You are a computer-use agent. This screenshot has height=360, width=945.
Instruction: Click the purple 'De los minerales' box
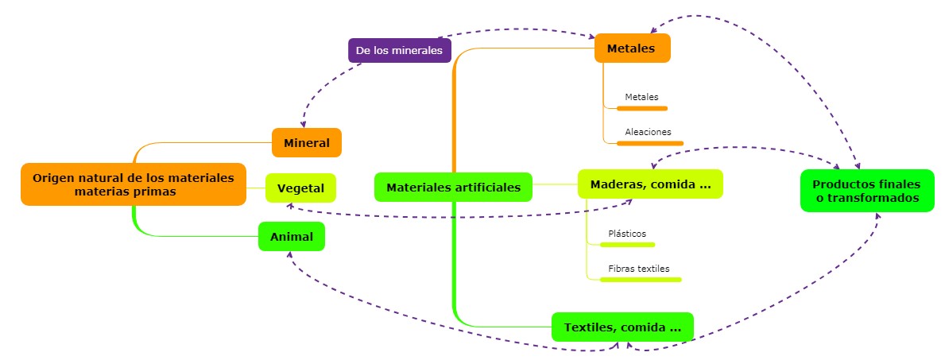click(x=399, y=50)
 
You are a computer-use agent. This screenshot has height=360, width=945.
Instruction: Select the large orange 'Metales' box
click(x=632, y=48)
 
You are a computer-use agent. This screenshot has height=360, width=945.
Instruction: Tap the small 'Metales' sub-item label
click(x=641, y=97)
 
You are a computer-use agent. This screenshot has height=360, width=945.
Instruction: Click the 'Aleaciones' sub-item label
click(x=648, y=132)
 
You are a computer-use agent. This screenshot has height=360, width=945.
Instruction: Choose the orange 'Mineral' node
click(x=306, y=143)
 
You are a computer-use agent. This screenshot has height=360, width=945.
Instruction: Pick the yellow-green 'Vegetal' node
click(x=300, y=188)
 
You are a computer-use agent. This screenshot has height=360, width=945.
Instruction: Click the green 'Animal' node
click(x=291, y=237)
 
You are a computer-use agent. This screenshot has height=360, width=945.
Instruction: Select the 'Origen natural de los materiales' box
click(x=133, y=184)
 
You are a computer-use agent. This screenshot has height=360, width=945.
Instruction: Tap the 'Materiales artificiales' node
click(x=453, y=188)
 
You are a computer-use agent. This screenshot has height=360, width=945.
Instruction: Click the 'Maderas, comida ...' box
click(x=649, y=184)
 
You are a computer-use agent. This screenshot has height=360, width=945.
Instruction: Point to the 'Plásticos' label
click(x=627, y=234)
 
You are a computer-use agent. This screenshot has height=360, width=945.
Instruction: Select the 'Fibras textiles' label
click(x=639, y=269)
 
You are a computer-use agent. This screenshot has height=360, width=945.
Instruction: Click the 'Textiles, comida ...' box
click(x=622, y=327)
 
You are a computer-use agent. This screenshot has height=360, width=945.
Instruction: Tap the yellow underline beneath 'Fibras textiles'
click(x=645, y=280)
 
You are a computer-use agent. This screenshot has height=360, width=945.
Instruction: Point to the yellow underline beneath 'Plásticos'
click(x=632, y=245)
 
